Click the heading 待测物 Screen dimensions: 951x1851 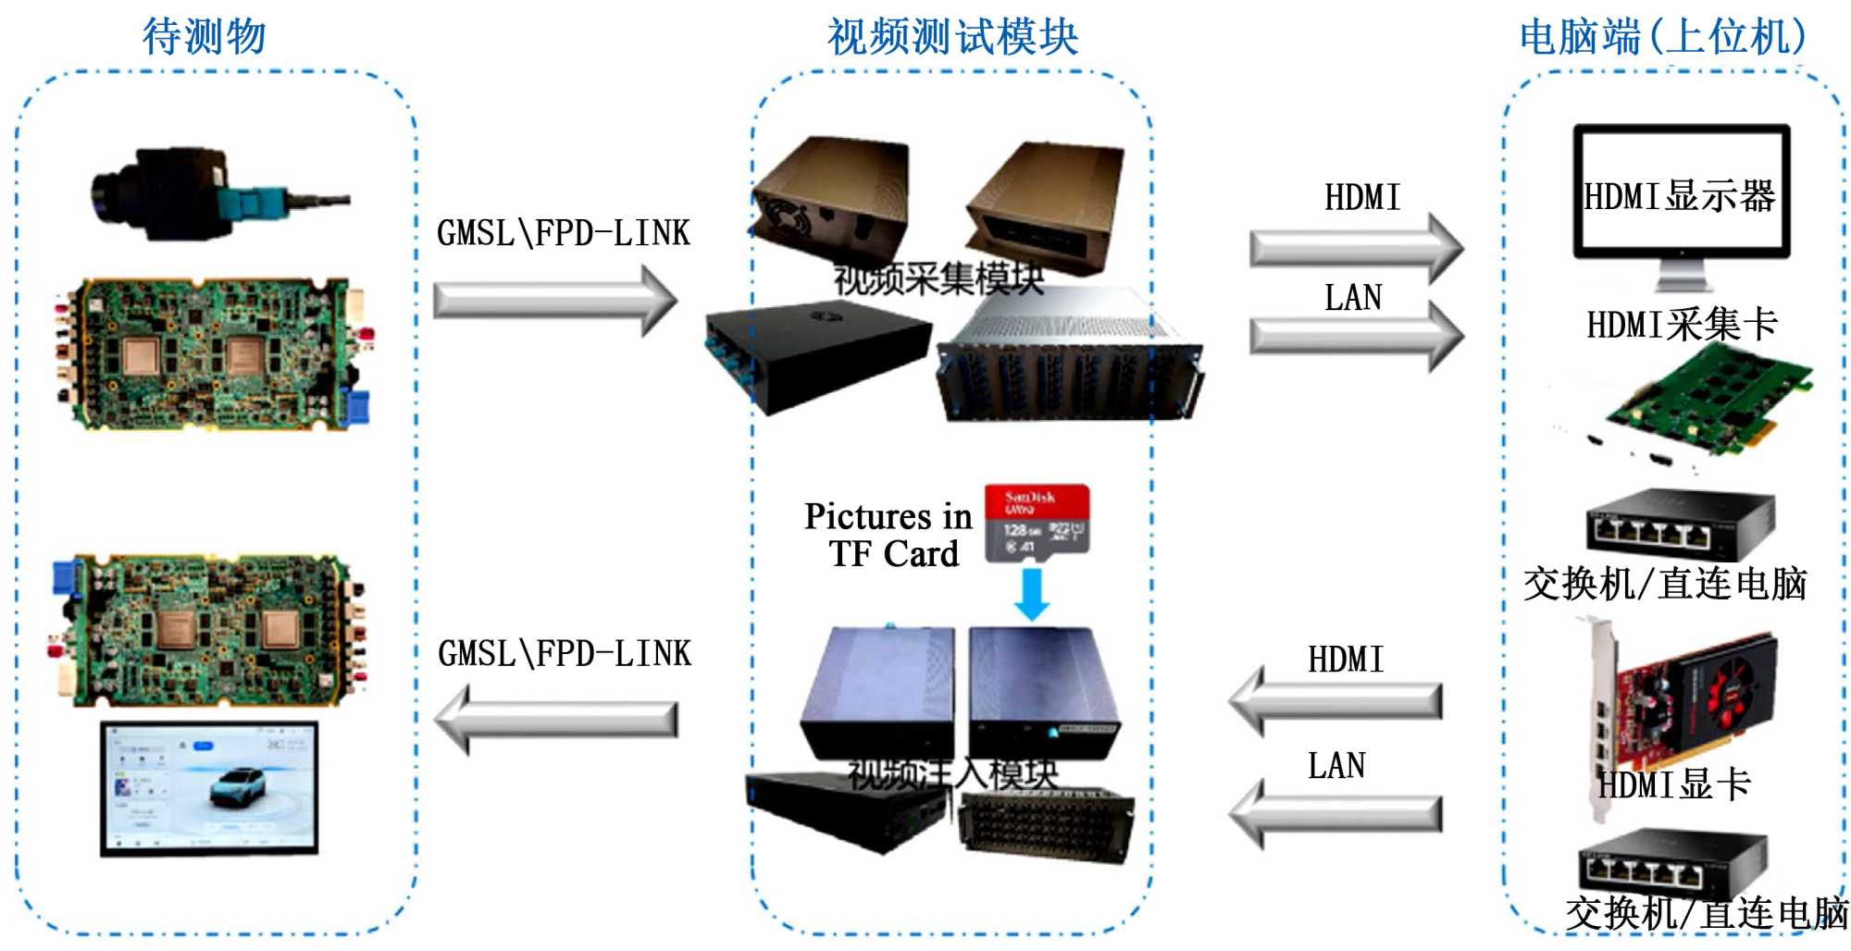205,37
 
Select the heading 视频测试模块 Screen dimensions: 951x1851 952,38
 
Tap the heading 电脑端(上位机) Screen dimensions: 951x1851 1662,38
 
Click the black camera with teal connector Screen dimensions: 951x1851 204,194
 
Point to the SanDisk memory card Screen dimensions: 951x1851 1037,523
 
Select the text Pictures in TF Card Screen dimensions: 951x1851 888,535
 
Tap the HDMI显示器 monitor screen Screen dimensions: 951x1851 1681,194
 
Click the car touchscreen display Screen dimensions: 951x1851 209,788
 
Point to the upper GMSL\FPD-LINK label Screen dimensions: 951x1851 564,233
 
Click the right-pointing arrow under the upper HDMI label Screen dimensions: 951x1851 1356,248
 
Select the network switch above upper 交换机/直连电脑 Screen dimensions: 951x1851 1679,524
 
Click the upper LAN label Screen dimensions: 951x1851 1353,298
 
